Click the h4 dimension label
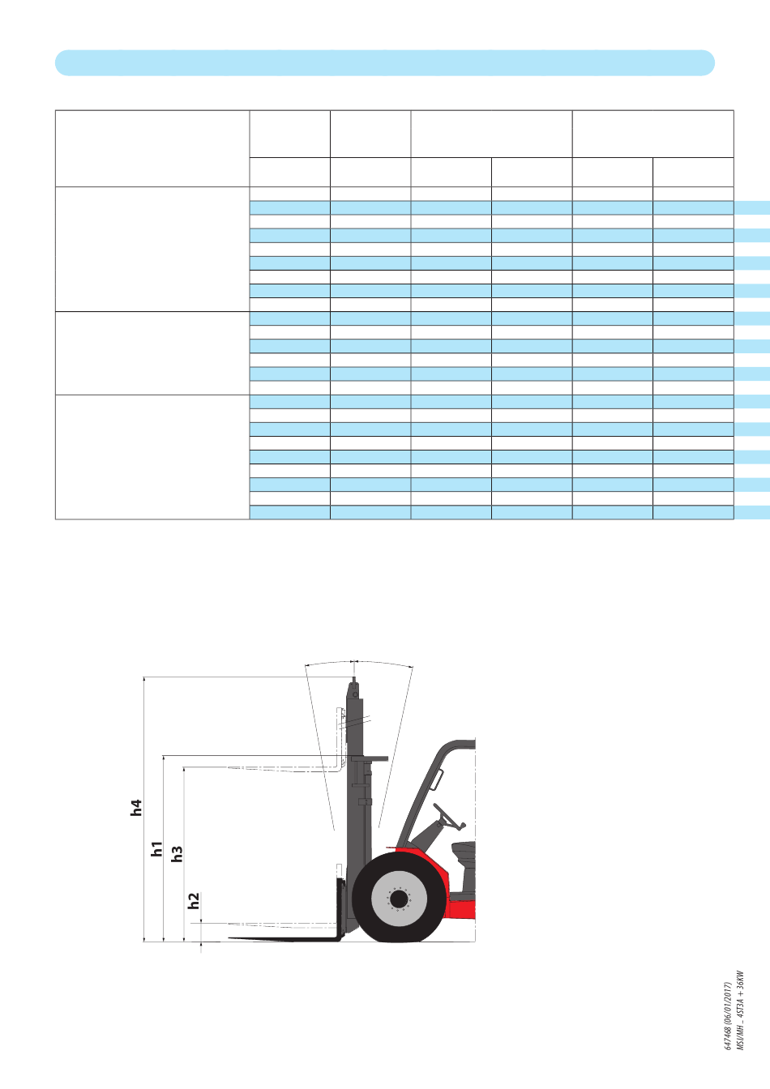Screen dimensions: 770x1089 pyautogui.click(x=136, y=807)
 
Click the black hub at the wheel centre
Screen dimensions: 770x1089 pyautogui.click(x=399, y=899)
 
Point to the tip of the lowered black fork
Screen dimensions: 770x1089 pyautogui.click(x=229, y=937)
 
